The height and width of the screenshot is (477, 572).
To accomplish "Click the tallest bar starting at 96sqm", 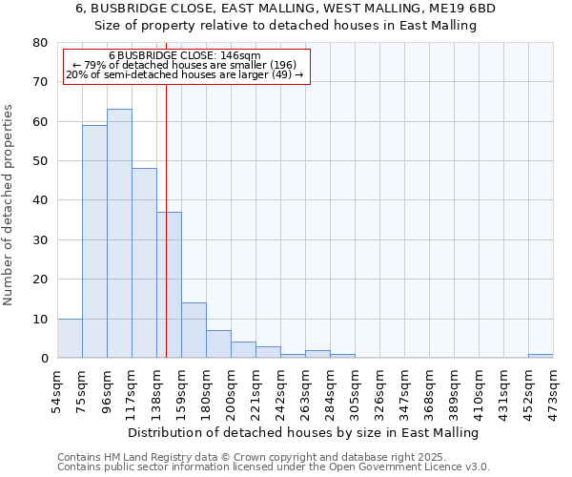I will [x=119, y=234].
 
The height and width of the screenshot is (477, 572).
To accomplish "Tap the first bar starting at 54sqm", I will [x=70, y=339].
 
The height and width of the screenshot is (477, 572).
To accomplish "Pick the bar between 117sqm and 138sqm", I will [x=144, y=263].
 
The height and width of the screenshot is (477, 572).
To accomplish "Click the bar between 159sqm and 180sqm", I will [x=194, y=330].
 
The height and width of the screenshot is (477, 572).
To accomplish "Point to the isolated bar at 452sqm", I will [x=541, y=356].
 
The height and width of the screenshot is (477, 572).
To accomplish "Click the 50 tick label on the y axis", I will [x=39, y=161].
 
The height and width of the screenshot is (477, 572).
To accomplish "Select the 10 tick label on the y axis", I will [x=39, y=319].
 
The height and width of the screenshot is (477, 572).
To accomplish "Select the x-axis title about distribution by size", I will [x=302, y=432].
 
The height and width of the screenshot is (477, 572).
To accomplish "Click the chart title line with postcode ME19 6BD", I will [x=285, y=8].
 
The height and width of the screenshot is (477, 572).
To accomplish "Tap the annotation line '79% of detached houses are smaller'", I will [x=187, y=65].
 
